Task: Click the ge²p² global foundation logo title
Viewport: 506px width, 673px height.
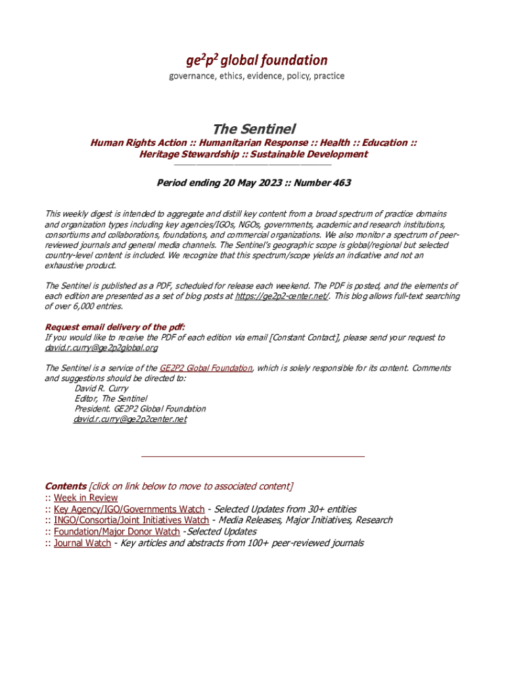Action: [x=256, y=60]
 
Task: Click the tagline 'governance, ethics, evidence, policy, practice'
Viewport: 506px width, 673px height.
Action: [x=256, y=76]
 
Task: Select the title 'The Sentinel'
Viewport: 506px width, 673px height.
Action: [x=253, y=128]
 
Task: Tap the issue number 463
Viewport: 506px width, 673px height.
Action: [x=342, y=183]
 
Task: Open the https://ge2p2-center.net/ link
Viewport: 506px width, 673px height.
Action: [x=282, y=296]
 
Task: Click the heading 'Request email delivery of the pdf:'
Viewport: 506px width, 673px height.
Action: [x=115, y=327]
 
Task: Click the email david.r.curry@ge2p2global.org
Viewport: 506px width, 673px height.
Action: [x=101, y=348]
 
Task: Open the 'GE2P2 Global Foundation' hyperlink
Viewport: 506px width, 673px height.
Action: [x=206, y=368]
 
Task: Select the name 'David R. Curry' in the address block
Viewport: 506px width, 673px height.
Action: [x=102, y=388]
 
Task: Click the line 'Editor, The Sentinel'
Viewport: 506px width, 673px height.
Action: [x=111, y=398]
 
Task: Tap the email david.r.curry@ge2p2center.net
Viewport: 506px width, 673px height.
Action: [x=130, y=419]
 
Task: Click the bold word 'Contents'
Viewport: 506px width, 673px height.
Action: [x=65, y=486]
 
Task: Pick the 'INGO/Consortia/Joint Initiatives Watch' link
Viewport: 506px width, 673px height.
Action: [x=131, y=521]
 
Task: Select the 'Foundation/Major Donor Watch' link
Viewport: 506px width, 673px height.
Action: [x=116, y=532]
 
